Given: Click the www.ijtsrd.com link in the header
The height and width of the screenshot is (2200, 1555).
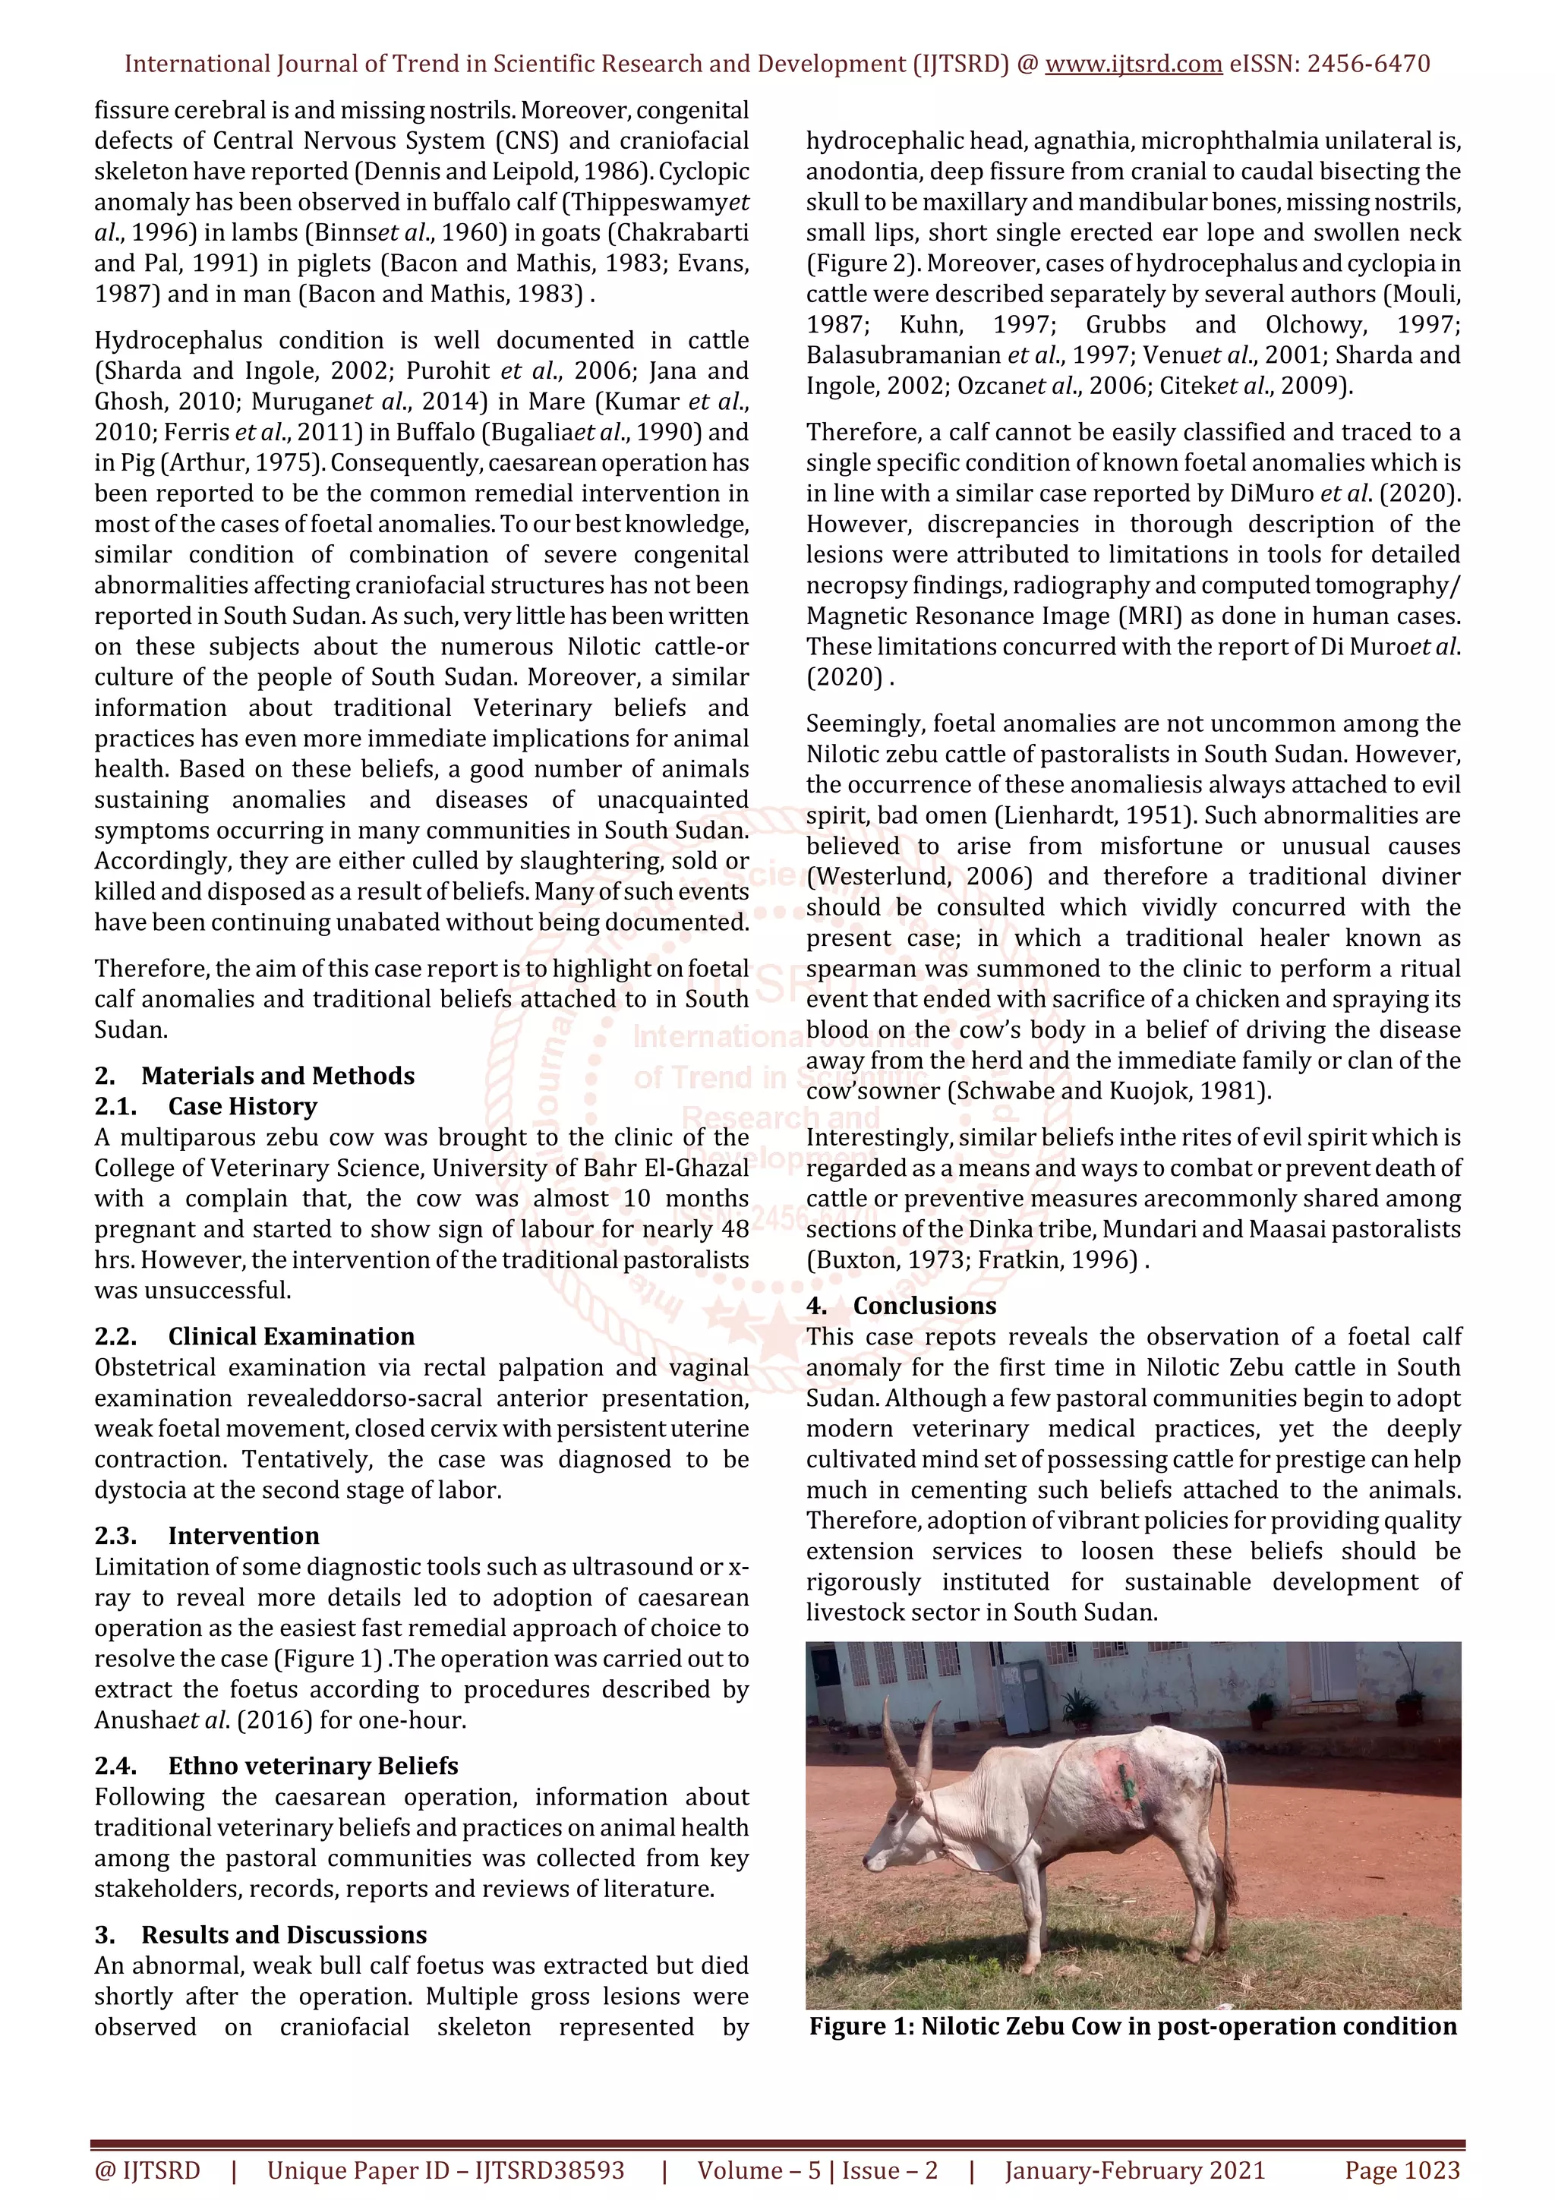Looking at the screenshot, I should (x=1133, y=65).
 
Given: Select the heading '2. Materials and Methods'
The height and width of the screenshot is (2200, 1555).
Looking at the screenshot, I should (x=255, y=1076).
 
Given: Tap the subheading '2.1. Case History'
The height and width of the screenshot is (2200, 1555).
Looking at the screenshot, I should (x=206, y=1107).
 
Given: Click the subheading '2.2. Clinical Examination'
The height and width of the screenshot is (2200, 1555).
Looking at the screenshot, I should (x=255, y=1337).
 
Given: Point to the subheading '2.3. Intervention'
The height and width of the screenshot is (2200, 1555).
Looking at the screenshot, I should (x=207, y=1536).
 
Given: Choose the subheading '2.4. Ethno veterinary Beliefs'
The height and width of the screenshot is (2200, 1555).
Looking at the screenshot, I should (x=276, y=1766).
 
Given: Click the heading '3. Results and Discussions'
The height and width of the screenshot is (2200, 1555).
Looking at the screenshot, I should (x=260, y=1934).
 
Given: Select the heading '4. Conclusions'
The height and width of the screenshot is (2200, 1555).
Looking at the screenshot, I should (x=901, y=1306).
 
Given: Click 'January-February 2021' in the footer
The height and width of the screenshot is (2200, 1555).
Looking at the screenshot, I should (x=1134, y=2170).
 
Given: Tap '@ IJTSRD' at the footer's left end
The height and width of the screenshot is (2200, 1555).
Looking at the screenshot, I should (x=147, y=2170).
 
